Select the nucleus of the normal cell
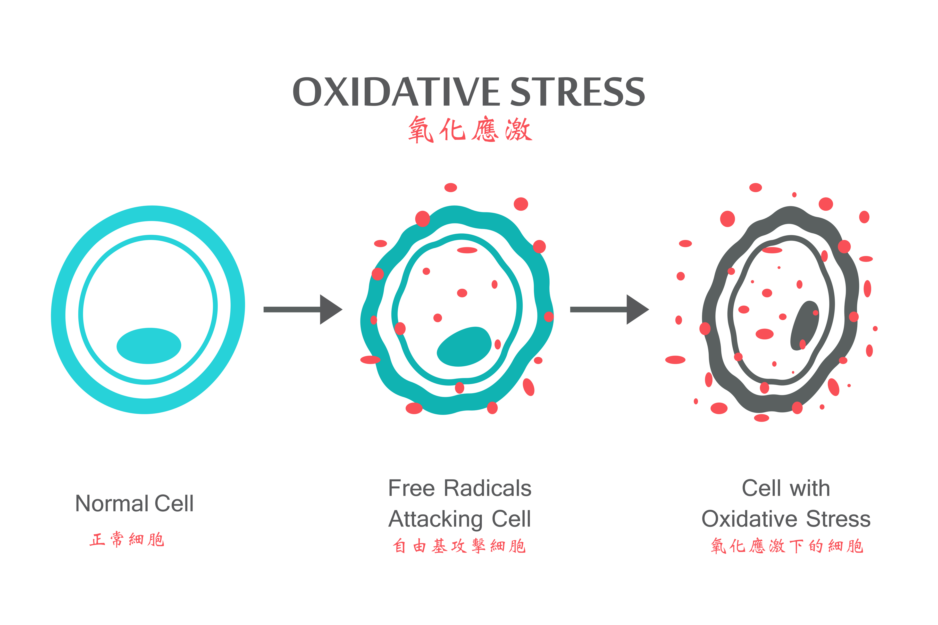click(x=149, y=345)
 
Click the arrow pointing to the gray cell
click(x=609, y=309)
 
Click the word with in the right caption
click(x=810, y=488)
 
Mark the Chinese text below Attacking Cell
click(x=460, y=546)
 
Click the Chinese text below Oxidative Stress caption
click(x=787, y=546)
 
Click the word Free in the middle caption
click(x=411, y=488)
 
